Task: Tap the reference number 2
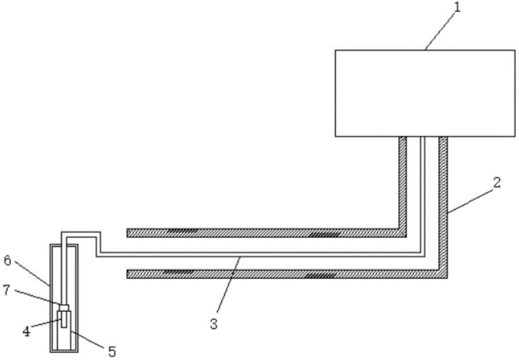tap(497, 183)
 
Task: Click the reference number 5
tap(112, 352)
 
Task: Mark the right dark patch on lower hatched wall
tap(320, 275)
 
